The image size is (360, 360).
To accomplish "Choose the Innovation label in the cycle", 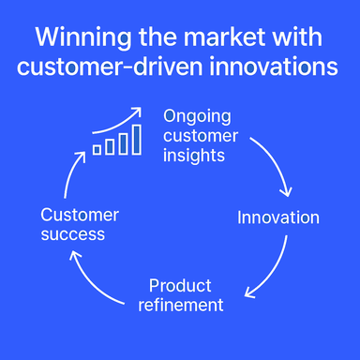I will click(x=277, y=217).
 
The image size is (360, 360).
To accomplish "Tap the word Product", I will click(x=180, y=285).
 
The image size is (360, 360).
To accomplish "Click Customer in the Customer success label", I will click(x=80, y=215).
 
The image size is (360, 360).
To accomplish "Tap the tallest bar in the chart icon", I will click(x=137, y=139).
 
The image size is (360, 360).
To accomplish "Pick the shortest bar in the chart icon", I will click(x=97, y=148).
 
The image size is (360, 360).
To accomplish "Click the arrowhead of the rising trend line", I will click(x=138, y=111).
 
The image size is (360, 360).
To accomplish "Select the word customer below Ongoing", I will click(x=201, y=136).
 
